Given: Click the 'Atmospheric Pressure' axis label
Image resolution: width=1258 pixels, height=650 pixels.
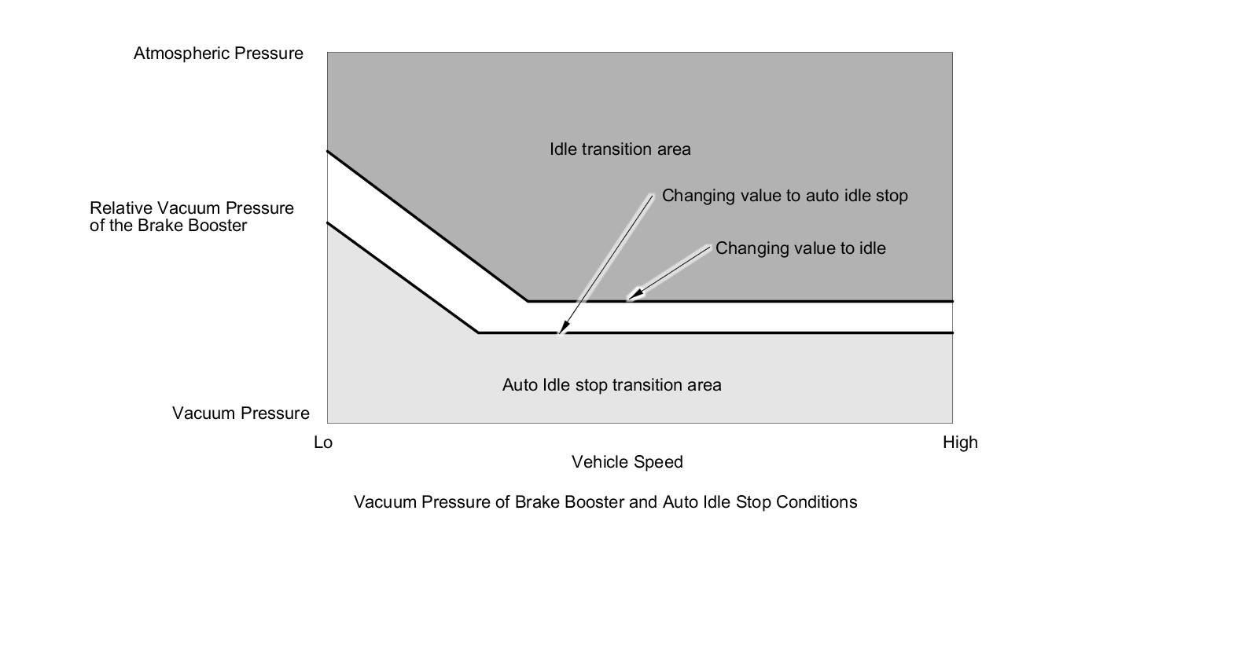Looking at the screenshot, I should pyautogui.click(x=218, y=53).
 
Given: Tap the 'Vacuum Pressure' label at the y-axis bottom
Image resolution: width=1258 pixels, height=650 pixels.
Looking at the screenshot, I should pyautogui.click(x=241, y=413).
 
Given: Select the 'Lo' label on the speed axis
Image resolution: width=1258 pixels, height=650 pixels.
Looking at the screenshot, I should pyautogui.click(x=323, y=443).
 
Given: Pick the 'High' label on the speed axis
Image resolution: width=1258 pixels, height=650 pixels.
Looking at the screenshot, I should pyautogui.click(x=960, y=443).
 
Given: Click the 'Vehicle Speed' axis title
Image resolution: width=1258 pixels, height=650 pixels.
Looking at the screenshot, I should pyautogui.click(x=627, y=462).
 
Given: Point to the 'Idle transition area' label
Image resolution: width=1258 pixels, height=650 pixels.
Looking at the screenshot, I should pyautogui.click(x=620, y=149).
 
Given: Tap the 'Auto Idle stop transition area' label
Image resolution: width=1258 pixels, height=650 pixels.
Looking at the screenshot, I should pyautogui.click(x=612, y=385).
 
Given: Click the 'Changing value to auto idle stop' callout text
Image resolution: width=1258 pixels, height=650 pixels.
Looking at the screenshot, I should pyautogui.click(x=785, y=196).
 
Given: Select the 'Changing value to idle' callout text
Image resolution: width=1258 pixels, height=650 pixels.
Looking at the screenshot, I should pyautogui.click(x=800, y=248).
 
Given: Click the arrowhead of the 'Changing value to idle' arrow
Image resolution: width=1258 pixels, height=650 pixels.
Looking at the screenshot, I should pyautogui.click(x=633, y=296).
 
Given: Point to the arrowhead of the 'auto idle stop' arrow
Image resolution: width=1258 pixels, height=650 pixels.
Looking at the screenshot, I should pyautogui.click(x=561, y=329).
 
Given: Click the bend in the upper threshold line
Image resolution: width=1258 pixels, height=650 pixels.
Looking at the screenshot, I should pyautogui.click(x=528, y=301).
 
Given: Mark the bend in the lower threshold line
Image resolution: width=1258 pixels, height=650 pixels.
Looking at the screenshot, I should pyautogui.click(x=478, y=333).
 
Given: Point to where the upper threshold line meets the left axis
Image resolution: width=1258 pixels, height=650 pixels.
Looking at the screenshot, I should pyautogui.click(x=328, y=151).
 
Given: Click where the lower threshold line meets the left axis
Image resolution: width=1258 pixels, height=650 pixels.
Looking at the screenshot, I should pyautogui.click(x=328, y=223).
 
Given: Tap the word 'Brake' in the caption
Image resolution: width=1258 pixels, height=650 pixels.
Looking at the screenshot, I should pyautogui.click(x=535, y=502).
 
